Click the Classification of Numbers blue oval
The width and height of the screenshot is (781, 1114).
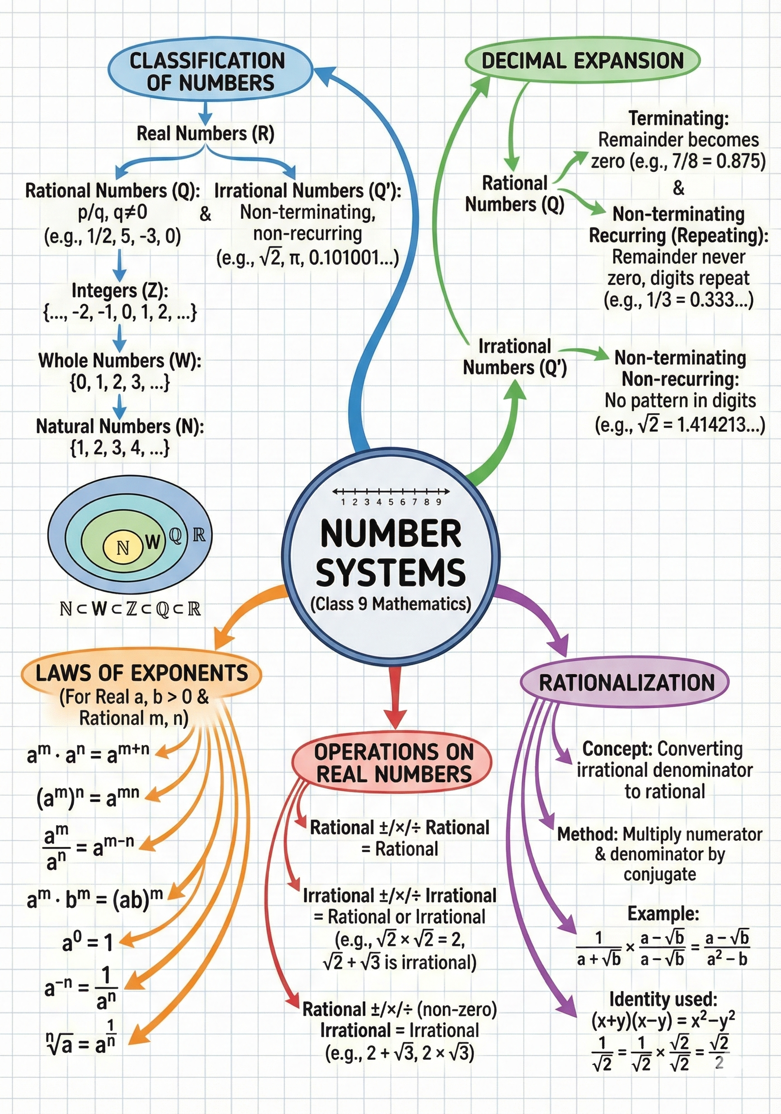(x=210, y=71)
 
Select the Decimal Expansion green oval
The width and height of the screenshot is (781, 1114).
(x=582, y=61)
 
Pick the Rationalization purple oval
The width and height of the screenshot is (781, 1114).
(x=626, y=683)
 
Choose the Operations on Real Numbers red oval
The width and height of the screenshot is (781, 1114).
(x=393, y=763)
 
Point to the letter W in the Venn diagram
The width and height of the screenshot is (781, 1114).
(x=152, y=542)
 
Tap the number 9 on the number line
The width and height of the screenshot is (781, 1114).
(x=438, y=502)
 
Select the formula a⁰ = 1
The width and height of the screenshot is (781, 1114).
(x=88, y=943)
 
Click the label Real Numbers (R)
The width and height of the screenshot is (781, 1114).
(x=205, y=133)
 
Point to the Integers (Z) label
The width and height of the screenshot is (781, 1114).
(x=120, y=291)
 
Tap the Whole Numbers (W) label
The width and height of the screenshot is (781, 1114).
(x=119, y=360)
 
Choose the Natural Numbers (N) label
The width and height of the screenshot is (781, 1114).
(x=120, y=426)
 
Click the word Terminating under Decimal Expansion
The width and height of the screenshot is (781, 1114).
(x=678, y=118)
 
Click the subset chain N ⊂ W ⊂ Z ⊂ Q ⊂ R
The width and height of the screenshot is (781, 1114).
(x=130, y=609)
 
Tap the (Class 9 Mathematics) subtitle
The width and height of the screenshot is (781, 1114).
(x=390, y=604)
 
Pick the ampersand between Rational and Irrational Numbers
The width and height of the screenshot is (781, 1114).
(x=205, y=213)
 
